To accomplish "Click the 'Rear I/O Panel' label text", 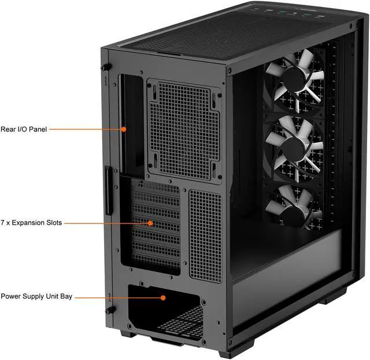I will [x=24, y=130].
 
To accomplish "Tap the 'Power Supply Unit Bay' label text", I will [x=36, y=296].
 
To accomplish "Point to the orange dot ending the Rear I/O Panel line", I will [x=123, y=130].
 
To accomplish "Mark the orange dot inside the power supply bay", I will [x=164, y=297].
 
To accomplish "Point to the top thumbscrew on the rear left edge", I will [x=106, y=68].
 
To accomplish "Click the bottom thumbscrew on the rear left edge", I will [x=107, y=310].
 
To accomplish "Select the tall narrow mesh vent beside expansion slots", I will [x=205, y=234].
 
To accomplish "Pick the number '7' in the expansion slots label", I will [x=3, y=223].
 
